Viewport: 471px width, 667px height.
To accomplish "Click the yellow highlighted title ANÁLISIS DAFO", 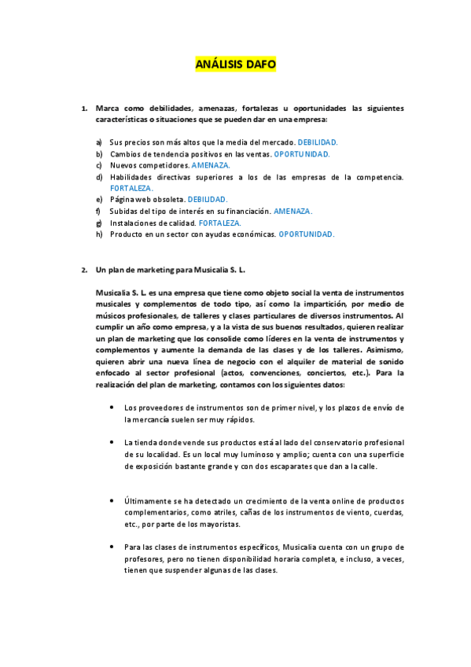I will [x=236, y=65].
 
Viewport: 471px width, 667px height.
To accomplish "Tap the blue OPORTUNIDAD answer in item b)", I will [x=301, y=154].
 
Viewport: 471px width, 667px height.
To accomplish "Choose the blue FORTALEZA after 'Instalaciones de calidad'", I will [x=220, y=223].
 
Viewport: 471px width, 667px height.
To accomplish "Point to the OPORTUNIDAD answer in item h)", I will [x=307, y=234].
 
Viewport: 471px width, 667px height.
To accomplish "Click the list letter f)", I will [x=98, y=212].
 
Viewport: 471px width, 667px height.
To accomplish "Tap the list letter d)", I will [x=98, y=177].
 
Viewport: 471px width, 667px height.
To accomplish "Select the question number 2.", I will [x=84, y=270].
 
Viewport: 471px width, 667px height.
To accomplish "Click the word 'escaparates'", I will [x=300, y=466].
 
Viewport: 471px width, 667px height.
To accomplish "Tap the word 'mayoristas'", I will [x=239, y=524].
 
